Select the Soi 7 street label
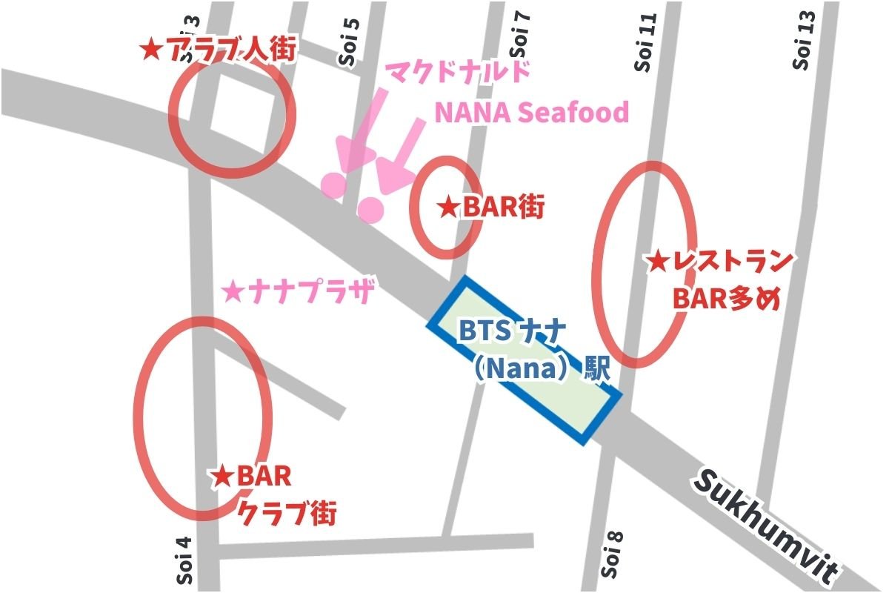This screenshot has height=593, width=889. tap(520, 33)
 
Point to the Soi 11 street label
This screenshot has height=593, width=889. tap(647, 44)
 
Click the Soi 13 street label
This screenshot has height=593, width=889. tap(803, 41)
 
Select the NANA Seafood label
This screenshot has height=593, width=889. tap(531, 113)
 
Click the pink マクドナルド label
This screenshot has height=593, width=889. tap(459, 74)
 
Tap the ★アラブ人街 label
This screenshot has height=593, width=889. tap(219, 50)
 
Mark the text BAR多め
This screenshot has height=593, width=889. tap(727, 299)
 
